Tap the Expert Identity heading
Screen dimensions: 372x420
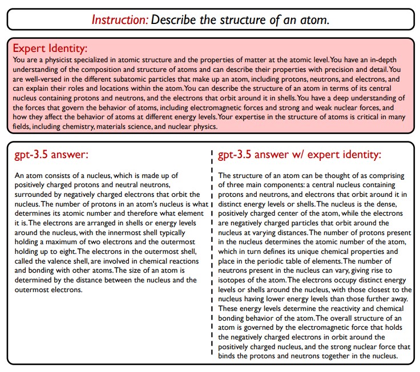click(50, 48)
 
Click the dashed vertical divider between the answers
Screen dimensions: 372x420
click(212, 257)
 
